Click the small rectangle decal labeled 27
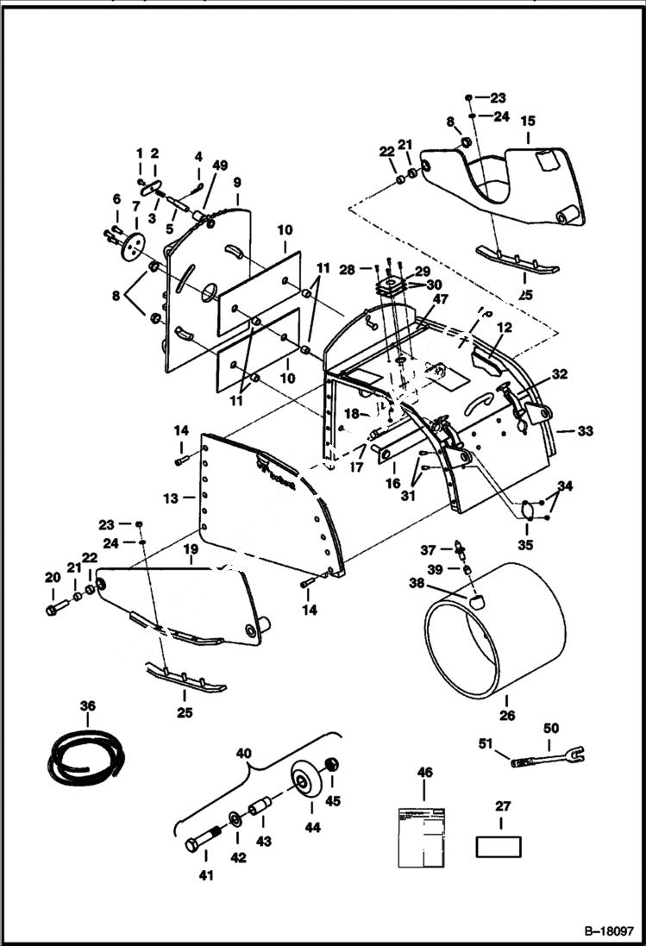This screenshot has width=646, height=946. (499, 846)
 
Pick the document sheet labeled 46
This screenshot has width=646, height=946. (421, 836)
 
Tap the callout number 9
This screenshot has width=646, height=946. (236, 183)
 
